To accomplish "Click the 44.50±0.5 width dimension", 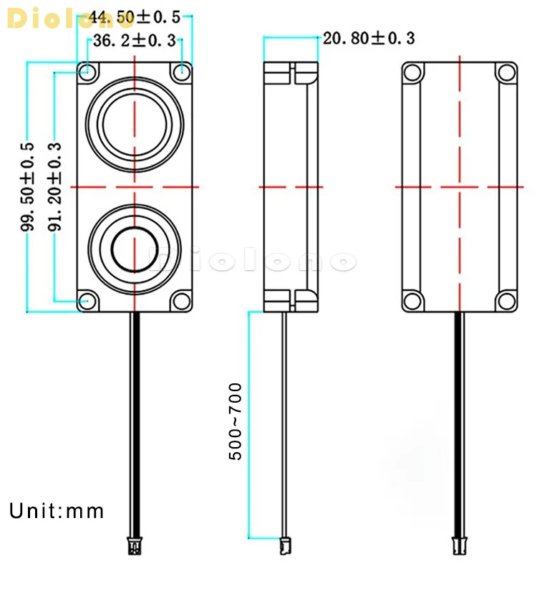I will (x=135, y=16).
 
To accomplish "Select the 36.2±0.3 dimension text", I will (x=135, y=41).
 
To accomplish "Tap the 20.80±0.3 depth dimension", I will (x=369, y=38).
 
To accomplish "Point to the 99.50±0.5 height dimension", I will (x=28, y=186).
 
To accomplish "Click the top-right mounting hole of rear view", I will (x=506, y=72).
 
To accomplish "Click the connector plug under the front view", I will (x=134, y=546).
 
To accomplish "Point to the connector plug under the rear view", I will (x=459, y=546).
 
